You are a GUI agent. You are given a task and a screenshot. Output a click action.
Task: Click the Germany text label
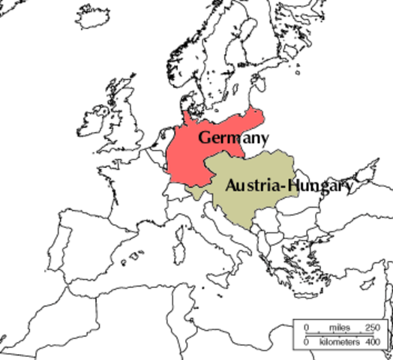click(233, 138)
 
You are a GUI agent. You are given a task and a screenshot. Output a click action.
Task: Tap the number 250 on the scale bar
click(373, 328)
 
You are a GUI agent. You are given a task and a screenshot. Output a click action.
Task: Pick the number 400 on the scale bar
click(372, 342)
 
